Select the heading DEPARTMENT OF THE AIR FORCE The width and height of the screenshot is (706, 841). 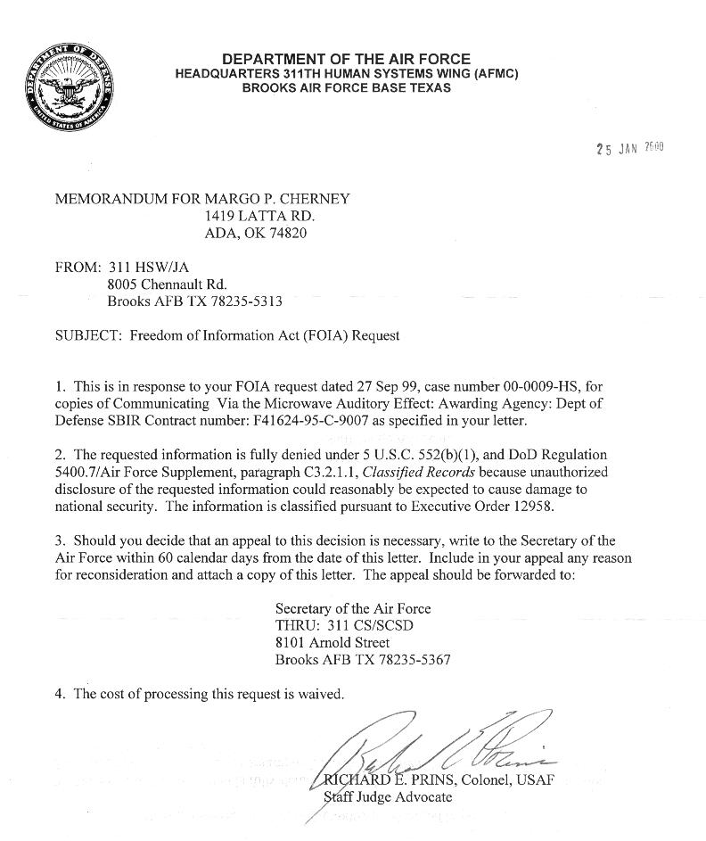tap(347, 59)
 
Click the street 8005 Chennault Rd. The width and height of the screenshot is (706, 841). tap(160, 284)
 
